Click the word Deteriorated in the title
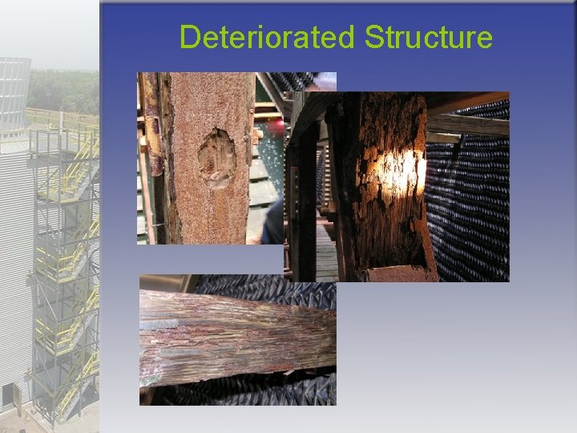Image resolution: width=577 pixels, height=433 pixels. point(267,37)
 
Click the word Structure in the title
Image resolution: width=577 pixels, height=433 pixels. point(428,37)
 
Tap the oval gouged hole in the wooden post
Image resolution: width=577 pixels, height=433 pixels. point(216,157)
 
